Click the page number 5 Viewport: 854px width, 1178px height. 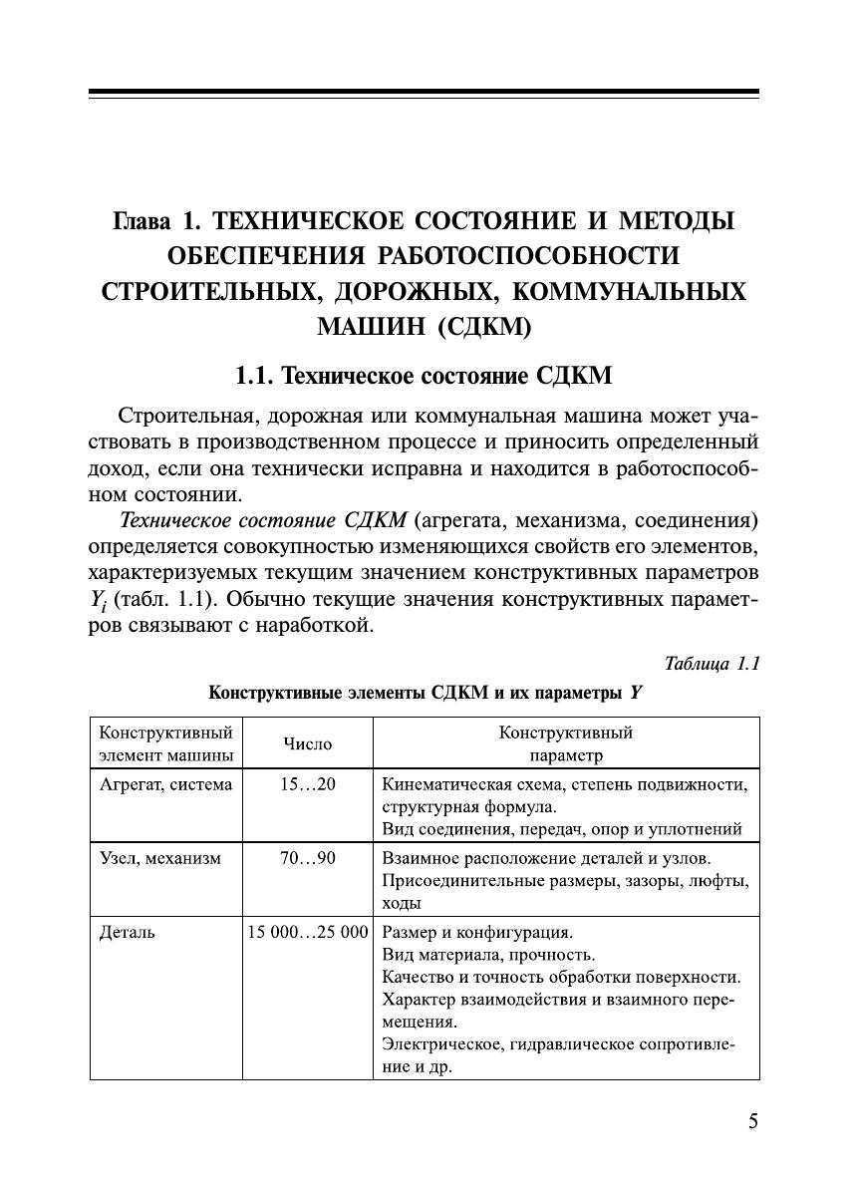(752, 1121)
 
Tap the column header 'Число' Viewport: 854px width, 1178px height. (308, 743)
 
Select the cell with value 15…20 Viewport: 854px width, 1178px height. (308, 784)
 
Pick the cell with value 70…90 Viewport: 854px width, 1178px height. (308, 857)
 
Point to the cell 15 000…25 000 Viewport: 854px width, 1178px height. (308, 933)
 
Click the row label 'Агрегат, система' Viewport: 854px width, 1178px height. (165, 784)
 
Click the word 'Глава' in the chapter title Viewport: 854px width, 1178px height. (144, 220)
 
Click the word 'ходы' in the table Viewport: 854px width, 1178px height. (402, 903)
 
